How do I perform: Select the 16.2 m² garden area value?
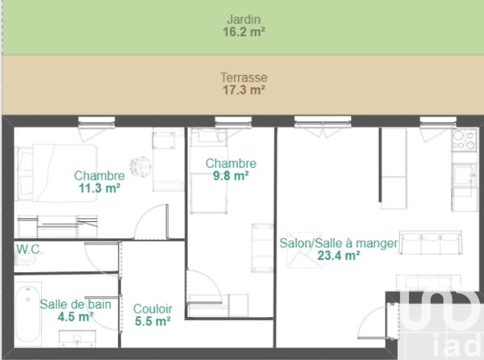[244, 32]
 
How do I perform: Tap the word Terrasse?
[244, 78]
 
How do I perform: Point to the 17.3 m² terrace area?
[244, 90]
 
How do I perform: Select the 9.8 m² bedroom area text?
[231, 176]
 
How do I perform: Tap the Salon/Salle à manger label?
[339, 243]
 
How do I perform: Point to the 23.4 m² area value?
[338, 256]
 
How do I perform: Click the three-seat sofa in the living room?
[431, 242]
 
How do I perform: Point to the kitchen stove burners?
[464, 140]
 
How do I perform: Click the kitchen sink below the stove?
[465, 174]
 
